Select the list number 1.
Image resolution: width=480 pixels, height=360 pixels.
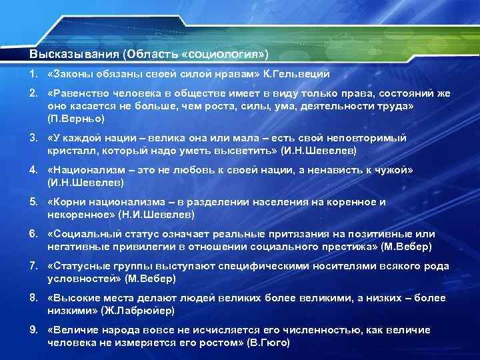[x=33, y=73]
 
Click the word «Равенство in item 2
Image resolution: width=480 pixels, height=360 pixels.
[x=77, y=95]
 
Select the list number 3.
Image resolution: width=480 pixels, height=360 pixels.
[x=33, y=137]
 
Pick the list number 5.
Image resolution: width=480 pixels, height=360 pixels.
[x=33, y=202]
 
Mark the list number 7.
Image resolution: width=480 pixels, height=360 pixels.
[x=33, y=267]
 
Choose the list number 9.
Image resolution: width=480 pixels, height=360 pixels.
[x=33, y=331]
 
